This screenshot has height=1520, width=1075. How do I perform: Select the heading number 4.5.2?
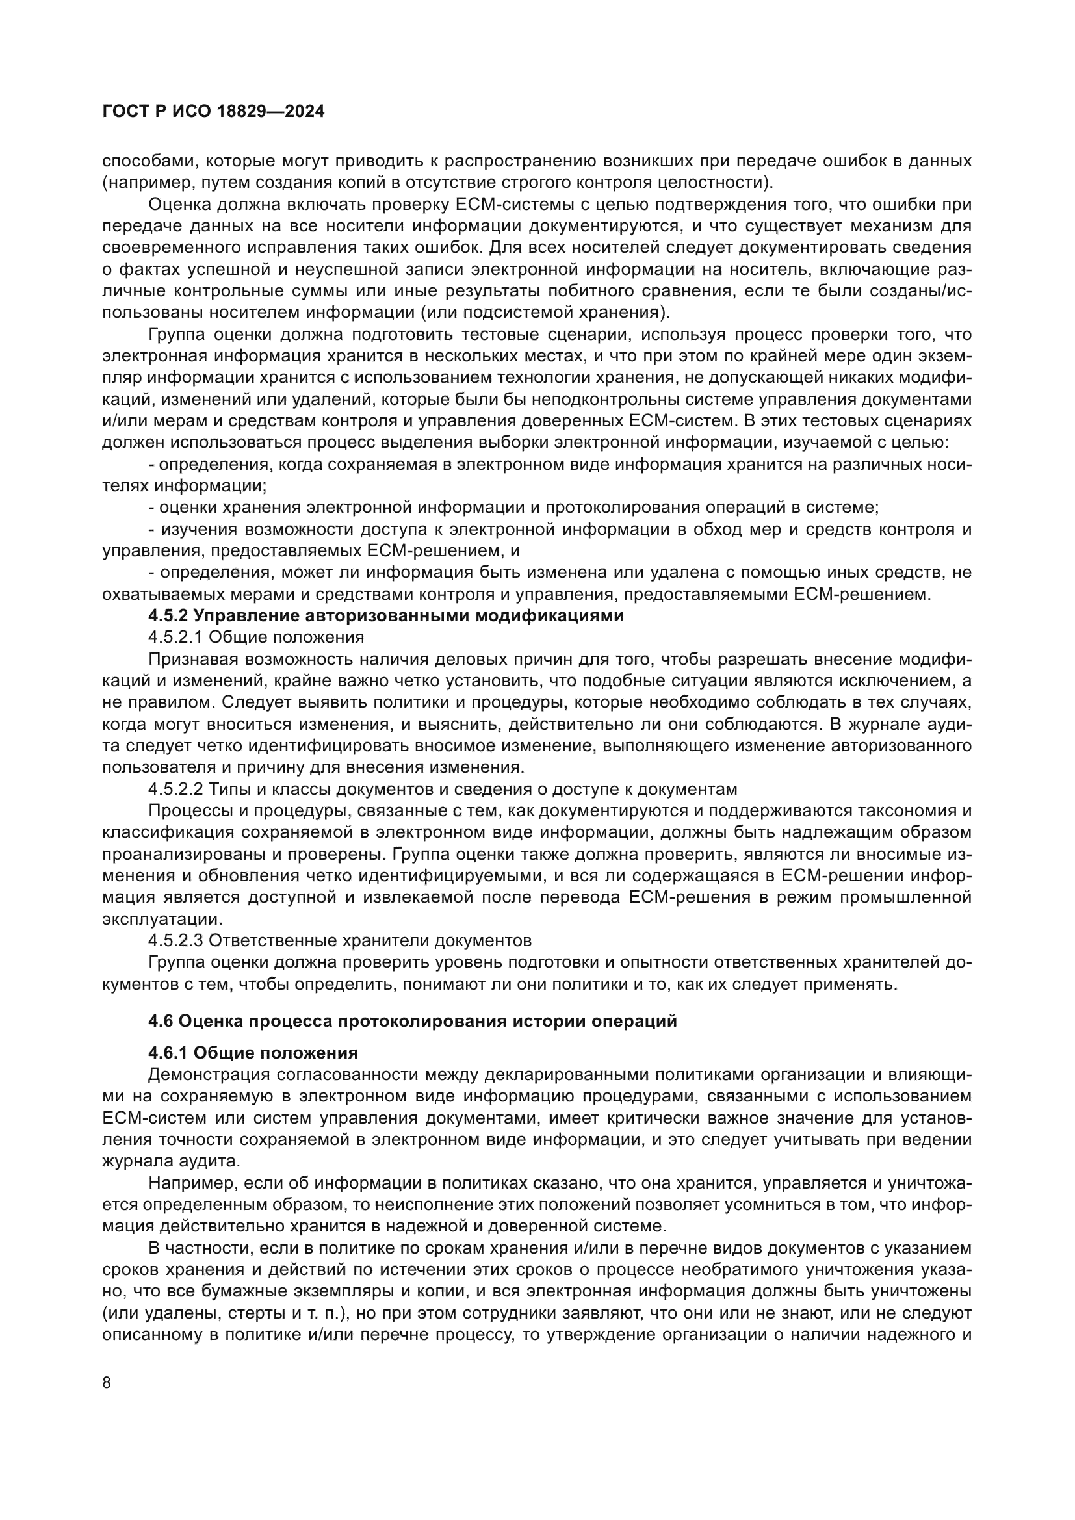(169, 615)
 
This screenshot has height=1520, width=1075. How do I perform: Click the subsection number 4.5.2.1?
(176, 638)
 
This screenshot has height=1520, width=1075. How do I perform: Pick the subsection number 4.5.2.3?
(176, 940)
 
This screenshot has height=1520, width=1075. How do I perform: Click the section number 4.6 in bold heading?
(160, 1021)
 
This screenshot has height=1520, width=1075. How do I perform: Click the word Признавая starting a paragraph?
(192, 660)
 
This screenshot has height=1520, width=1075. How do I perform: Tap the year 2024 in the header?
(303, 112)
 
